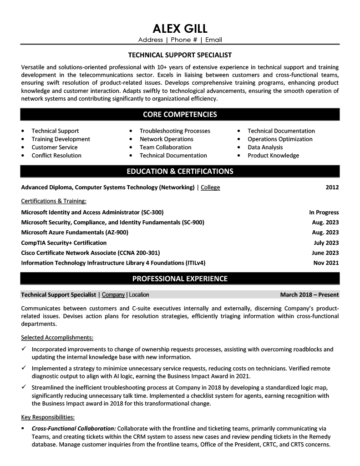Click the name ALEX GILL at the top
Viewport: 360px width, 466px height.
[180, 29]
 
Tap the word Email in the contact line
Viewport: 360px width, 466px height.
[213, 40]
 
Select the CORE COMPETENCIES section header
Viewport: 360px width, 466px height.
[180, 114]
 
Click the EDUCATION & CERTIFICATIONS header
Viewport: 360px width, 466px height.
[180, 171]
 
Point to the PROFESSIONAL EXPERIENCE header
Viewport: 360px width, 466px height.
[180, 279]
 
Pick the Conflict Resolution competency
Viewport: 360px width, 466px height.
[56, 155]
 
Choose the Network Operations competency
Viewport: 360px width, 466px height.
[166, 139]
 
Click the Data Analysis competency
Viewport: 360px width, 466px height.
[265, 147]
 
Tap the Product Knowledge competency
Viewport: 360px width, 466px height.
[273, 155]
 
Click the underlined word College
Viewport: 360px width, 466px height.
[210, 187]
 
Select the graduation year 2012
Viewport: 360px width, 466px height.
[332, 187]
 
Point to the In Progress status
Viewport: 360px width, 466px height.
[324, 212]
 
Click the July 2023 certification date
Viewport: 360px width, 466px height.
[326, 243]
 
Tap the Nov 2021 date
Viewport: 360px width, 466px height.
[326, 263]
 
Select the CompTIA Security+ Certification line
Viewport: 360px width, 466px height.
[64, 243]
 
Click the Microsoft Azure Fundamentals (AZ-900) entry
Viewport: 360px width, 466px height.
[75, 232]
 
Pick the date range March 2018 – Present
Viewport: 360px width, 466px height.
[309, 294]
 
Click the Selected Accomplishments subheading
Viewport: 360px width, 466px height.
[57, 337]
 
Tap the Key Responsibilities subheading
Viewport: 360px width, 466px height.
[48, 416]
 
